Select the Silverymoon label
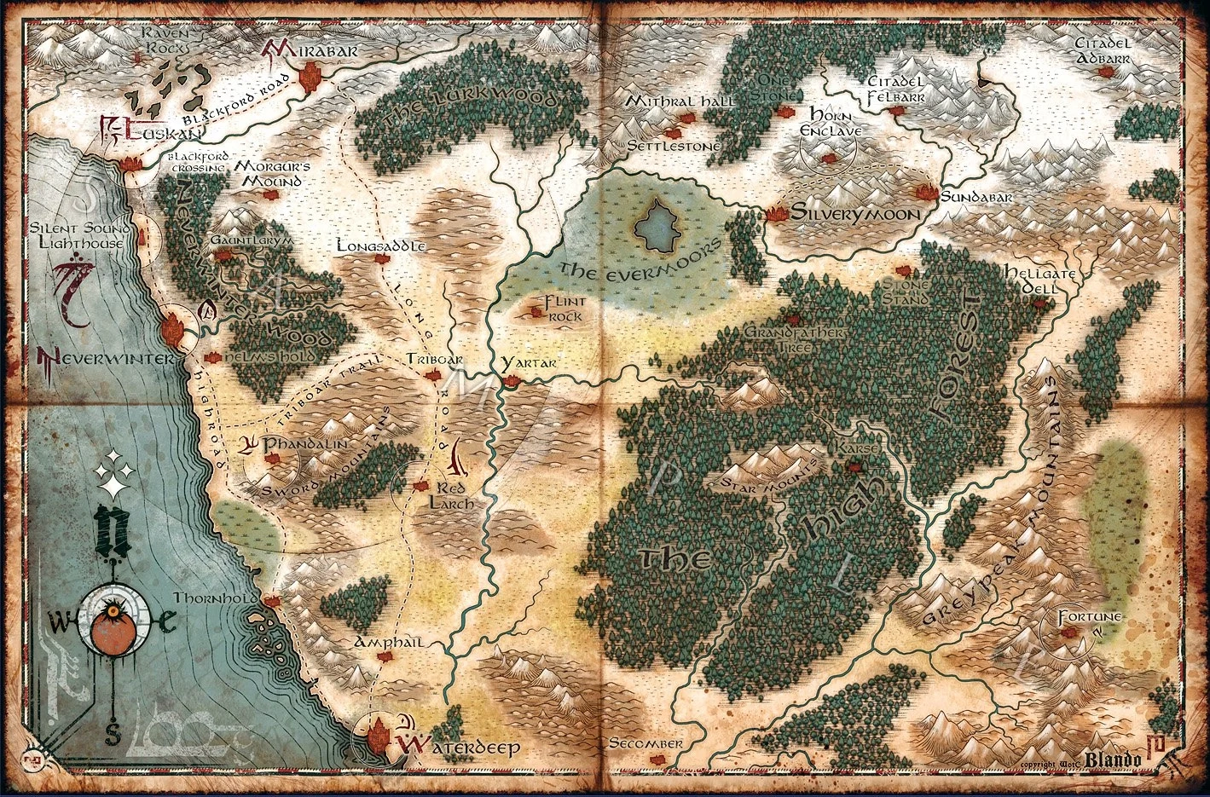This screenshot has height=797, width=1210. click(x=856, y=214)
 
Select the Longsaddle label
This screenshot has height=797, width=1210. click(x=381, y=245)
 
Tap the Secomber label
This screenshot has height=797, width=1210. click(x=646, y=744)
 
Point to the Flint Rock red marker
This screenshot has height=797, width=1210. click(x=536, y=312)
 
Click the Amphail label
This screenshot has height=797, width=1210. click(x=389, y=642)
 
